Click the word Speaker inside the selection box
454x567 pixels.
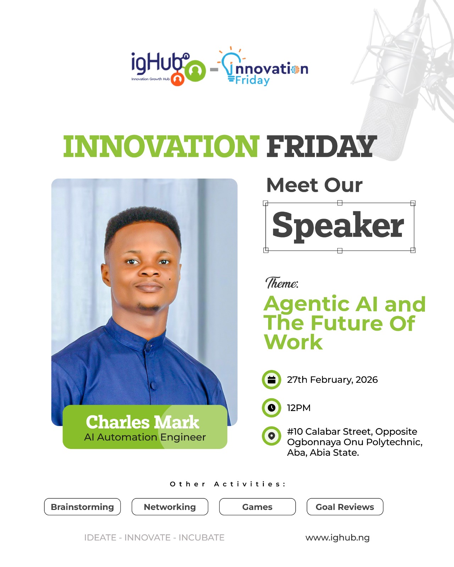point(338,225)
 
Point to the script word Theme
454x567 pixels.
point(282,283)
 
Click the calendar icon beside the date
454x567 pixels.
point(272,380)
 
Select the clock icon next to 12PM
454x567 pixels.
point(272,408)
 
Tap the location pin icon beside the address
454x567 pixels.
point(272,436)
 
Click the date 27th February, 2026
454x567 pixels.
point(332,380)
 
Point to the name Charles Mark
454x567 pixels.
point(142,422)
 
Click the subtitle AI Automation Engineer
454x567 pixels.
point(145,437)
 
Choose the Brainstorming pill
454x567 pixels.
point(82,507)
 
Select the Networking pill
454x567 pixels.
point(170,507)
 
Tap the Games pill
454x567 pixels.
point(257,507)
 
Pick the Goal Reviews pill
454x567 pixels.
point(345,507)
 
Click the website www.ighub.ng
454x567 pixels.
point(337,538)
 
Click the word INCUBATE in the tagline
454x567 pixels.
point(201,538)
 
